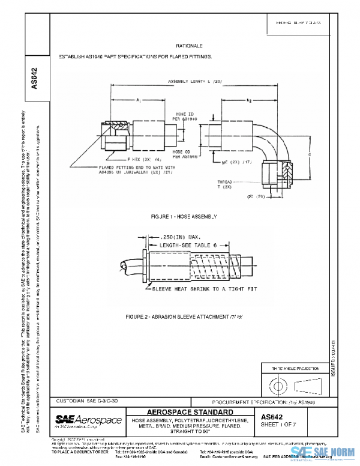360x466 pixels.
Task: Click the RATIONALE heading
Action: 189,46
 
